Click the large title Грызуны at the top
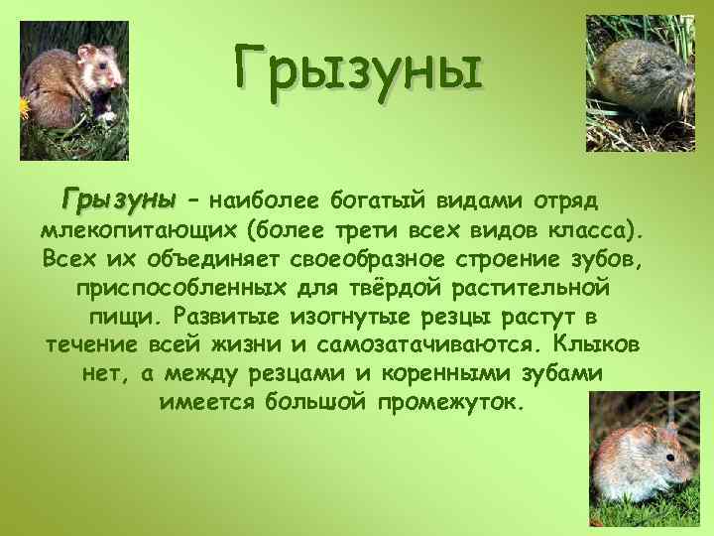click(358, 69)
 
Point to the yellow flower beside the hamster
click(23, 107)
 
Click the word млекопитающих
click(141, 231)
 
